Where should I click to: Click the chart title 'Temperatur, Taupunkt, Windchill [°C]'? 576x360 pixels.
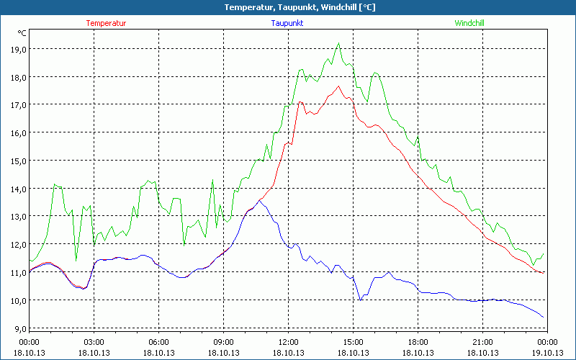coord(289,7)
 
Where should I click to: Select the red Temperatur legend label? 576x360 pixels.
coord(106,23)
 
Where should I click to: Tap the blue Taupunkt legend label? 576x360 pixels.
coord(287,23)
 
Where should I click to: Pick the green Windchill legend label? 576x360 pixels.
coord(469,23)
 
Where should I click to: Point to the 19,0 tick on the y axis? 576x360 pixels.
coord(17,50)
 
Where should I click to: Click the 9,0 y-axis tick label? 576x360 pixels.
coord(17,328)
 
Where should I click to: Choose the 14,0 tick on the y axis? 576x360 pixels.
coord(17,189)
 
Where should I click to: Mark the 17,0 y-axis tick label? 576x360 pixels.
coord(17,105)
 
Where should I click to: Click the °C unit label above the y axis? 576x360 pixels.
coord(22,33)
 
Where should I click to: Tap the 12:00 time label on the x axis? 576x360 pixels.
coord(288,341)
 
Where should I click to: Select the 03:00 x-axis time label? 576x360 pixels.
coord(94,341)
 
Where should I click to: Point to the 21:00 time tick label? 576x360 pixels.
coord(482,341)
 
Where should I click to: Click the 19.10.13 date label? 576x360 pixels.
coord(547,352)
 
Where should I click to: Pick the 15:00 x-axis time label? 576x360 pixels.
coord(353,341)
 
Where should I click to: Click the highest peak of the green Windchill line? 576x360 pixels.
coord(338,43)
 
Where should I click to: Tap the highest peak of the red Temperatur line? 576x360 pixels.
coord(338,86)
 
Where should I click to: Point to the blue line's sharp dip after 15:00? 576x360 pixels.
coord(361,299)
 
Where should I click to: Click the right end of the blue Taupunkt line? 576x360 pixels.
coord(544,317)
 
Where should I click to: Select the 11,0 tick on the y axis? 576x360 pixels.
coord(17,272)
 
